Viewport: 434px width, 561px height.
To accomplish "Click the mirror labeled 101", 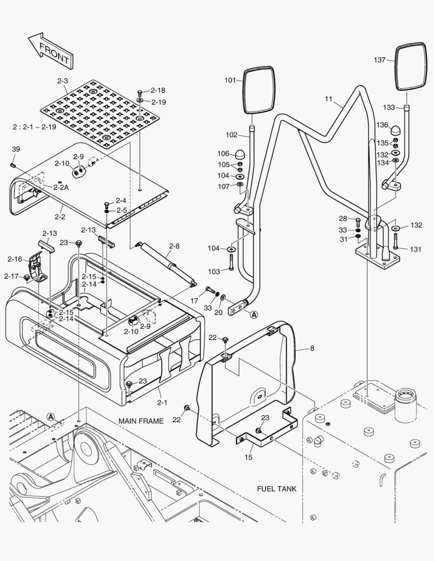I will click(258, 89).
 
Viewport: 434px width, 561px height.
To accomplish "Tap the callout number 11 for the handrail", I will click(328, 99).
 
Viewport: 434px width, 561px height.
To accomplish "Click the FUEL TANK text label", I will click(277, 489).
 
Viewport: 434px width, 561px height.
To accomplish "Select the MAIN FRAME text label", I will click(141, 421).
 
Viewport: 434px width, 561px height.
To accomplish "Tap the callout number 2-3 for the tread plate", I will click(63, 81).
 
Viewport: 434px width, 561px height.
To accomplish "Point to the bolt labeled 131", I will click(396, 241).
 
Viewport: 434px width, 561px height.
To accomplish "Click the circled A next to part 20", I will click(254, 314).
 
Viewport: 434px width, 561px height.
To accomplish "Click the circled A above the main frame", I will click(50, 416).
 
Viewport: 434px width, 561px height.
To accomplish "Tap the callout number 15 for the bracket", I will click(248, 457).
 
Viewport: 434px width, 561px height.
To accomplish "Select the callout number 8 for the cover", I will click(312, 349).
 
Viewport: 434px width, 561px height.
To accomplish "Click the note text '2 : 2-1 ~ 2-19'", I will click(35, 127).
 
